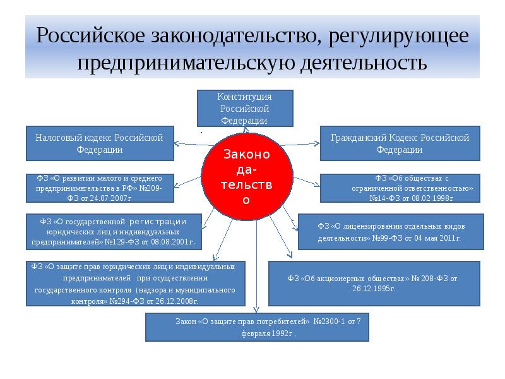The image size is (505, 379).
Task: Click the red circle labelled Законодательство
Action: [247, 177]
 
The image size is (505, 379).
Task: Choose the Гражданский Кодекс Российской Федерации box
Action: [400, 143]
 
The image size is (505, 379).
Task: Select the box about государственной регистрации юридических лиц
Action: [114, 231]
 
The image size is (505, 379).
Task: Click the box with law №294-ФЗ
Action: [135, 284]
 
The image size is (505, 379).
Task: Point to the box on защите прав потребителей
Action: [257, 327]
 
